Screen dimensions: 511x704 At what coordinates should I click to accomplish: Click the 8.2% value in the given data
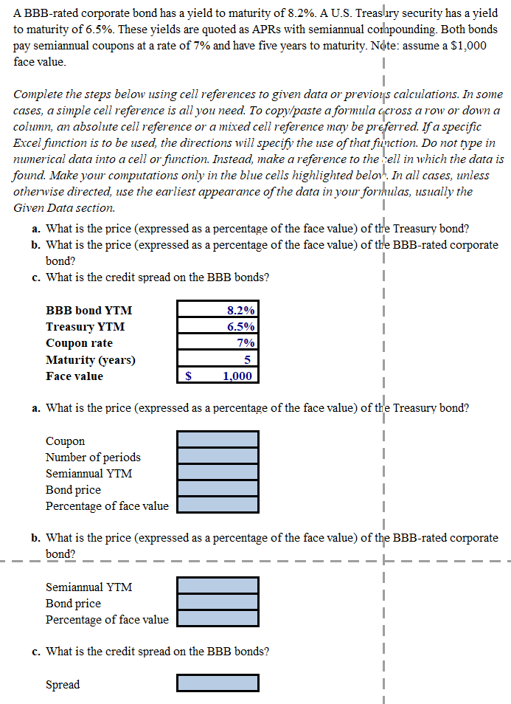(241, 311)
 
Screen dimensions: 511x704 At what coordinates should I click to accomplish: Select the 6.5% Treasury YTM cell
(241, 327)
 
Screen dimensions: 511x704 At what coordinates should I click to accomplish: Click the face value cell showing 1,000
(237, 376)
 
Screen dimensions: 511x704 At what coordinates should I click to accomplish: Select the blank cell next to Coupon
(218, 440)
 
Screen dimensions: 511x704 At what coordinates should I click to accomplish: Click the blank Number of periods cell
(218, 456)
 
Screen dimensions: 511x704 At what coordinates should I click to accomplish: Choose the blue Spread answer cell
(218, 684)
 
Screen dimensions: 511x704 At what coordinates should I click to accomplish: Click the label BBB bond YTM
(88, 311)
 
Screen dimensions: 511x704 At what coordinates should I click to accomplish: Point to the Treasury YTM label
(85, 327)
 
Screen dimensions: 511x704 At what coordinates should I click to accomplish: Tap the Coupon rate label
(79, 343)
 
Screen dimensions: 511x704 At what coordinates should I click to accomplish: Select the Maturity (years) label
(90, 359)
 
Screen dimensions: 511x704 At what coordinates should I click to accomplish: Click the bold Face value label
(74, 376)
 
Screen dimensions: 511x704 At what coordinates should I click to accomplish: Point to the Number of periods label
(93, 457)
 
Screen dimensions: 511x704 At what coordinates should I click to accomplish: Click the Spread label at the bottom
(63, 684)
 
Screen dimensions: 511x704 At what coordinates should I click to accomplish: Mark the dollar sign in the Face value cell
(188, 376)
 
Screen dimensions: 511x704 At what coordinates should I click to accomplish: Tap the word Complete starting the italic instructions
(38, 94)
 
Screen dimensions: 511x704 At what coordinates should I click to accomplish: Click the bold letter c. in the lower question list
(36, 652)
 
